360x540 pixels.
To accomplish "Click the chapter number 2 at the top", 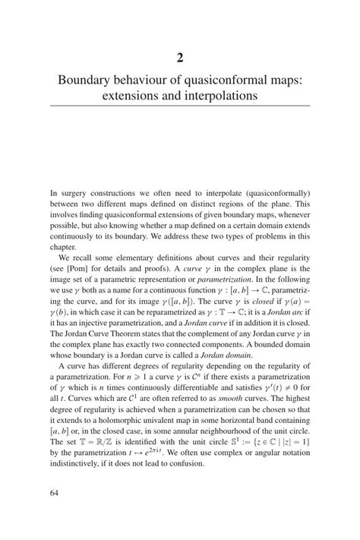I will (x=179, y=57).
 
